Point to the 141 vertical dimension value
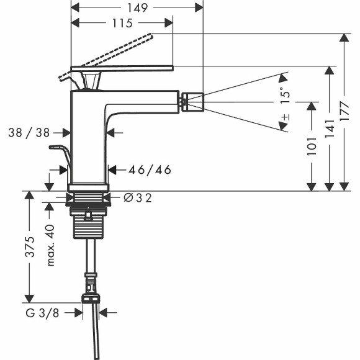(330, 128)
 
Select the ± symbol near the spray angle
(284, 117)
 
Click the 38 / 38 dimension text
(30, 132)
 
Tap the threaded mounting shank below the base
(88, 226)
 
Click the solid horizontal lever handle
(121, 67)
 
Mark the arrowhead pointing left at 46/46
(112, 169)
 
